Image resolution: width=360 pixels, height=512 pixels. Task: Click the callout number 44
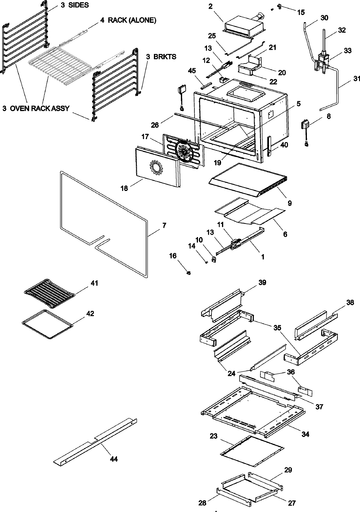click(x=114, y=459)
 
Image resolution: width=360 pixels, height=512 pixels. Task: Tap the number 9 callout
click(x=289, y=203)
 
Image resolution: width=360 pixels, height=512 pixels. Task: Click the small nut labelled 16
click(x=188, y=273)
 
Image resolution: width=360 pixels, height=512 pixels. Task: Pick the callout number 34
click(x=305, y=434)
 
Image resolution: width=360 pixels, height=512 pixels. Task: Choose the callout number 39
click(x=262, y=283)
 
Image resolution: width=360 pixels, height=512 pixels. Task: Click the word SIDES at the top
click(x=78, y=5)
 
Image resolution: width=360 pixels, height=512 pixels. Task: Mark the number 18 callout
click(x=124, y=188)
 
